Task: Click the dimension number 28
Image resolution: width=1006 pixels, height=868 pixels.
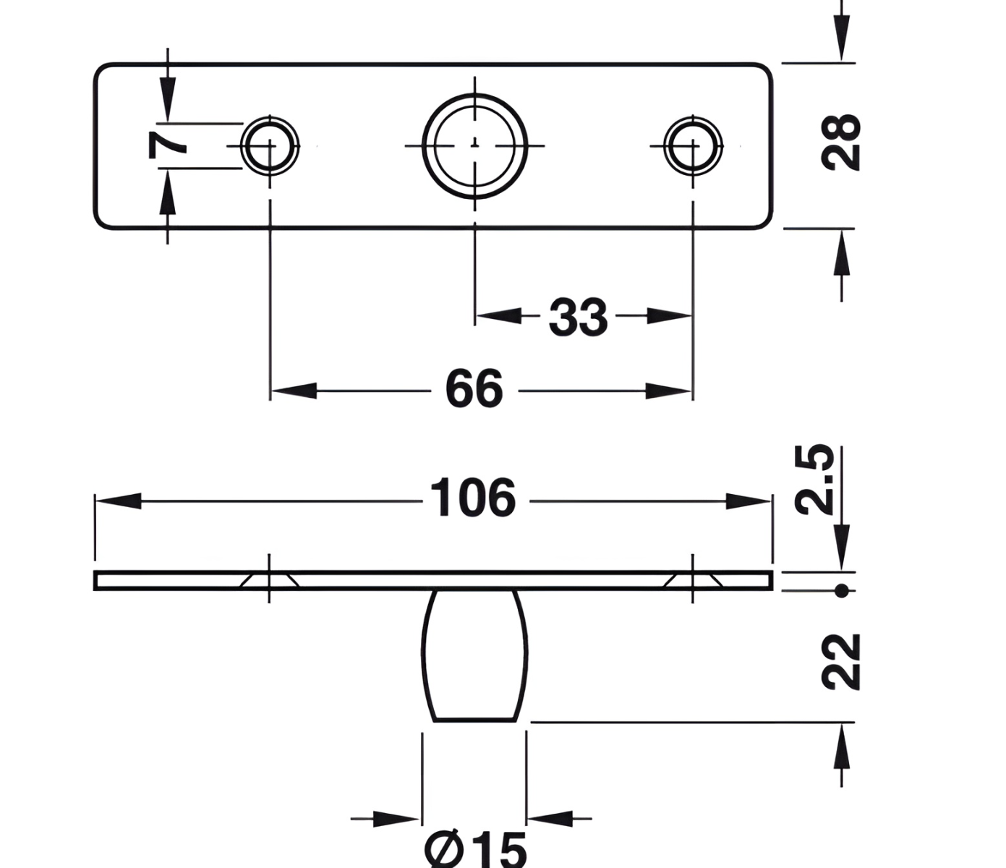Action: point(840,142)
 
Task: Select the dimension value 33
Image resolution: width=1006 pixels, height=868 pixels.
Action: point(578,317)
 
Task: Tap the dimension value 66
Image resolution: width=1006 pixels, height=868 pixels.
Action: point(474,388)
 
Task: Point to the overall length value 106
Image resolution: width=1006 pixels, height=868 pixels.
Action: point(473,498)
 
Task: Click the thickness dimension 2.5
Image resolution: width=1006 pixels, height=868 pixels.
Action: point(814,480)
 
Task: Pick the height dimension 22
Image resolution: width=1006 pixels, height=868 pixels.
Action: point(840,662)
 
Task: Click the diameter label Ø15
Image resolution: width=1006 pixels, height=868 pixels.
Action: point(475,849)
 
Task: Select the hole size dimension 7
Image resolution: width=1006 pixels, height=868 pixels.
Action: point(167,145)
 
